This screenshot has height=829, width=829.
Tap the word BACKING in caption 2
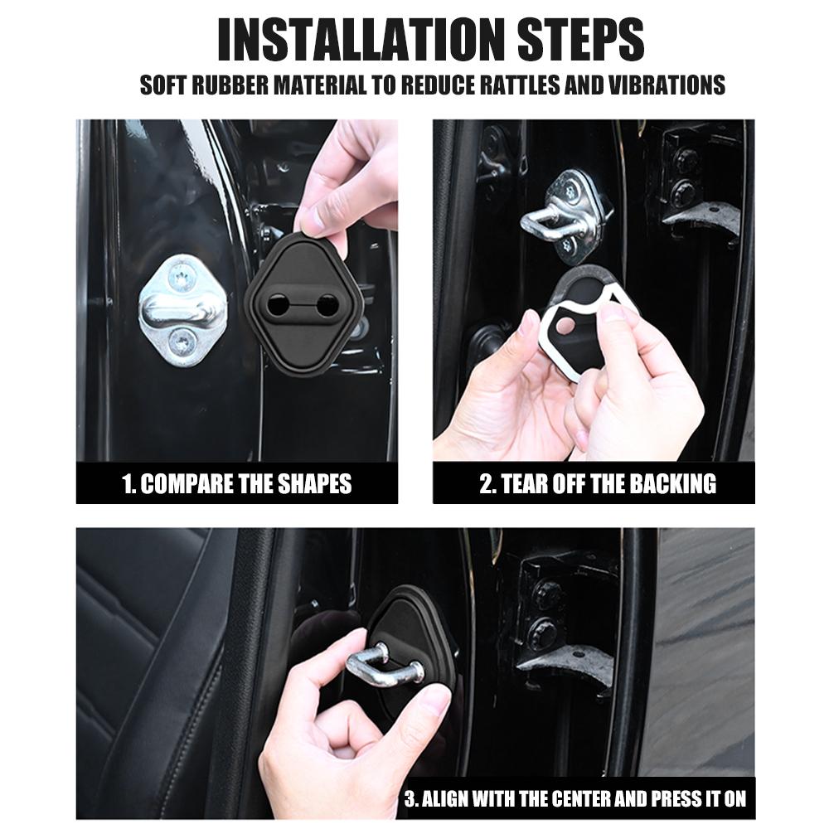click(671, 484)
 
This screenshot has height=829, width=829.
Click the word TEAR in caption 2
click(523, 484)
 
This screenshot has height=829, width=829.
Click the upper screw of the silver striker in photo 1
click(182, 274)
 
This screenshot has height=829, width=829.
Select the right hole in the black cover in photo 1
click(329, 303)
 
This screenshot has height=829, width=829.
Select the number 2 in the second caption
click(486, 484)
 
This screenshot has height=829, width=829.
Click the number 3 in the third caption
click(410, 799)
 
